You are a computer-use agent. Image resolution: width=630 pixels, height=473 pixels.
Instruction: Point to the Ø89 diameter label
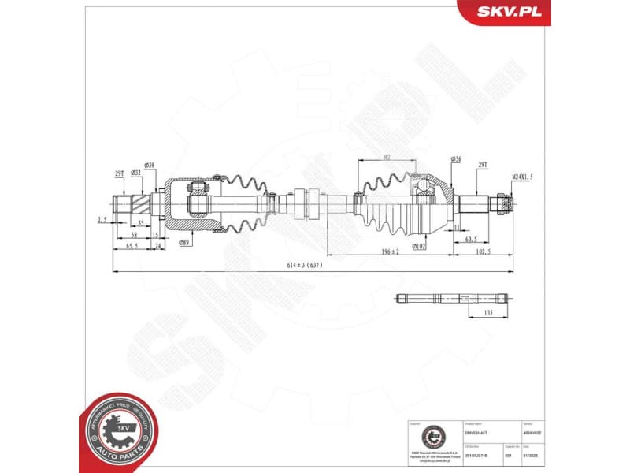point(186,243)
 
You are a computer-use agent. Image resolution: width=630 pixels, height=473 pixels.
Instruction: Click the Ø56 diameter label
point(456,159)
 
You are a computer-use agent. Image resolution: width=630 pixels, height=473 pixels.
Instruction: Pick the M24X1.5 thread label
point(523,177)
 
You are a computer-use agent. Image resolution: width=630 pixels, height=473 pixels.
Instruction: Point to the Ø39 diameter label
point(150,166)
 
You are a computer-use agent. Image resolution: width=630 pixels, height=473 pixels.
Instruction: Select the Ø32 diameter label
point(136,172)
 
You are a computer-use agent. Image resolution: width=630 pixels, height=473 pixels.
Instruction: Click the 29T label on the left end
point(120,172)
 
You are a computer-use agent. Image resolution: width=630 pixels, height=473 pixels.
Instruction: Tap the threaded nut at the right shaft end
point(502,203)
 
